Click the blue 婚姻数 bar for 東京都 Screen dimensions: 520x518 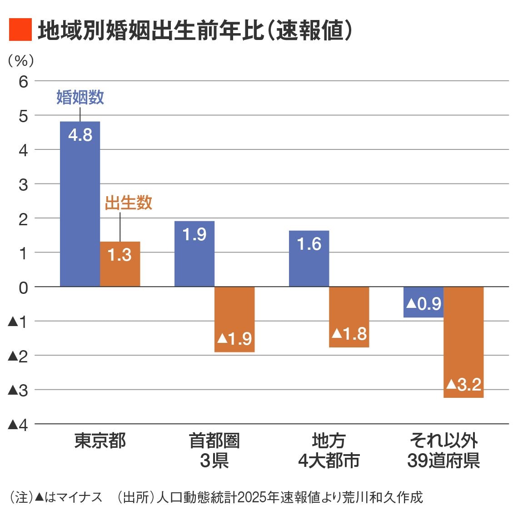coord(80,204)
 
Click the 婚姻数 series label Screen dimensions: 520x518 coord(80,97)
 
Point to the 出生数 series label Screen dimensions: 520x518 coord(129,203)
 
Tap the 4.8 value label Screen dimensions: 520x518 coord(80,135)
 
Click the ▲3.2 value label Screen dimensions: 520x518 coord(463,385)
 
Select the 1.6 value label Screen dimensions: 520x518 coord(309,244)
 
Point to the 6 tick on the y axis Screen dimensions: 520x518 coord(23,82)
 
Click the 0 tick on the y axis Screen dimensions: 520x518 coord(23,287)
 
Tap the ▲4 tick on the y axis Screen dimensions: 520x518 coord(18,425)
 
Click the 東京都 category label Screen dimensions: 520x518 coord(100,441)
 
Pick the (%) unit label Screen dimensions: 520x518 coord(21,60)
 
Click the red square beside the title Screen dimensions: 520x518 coord(20,30)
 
